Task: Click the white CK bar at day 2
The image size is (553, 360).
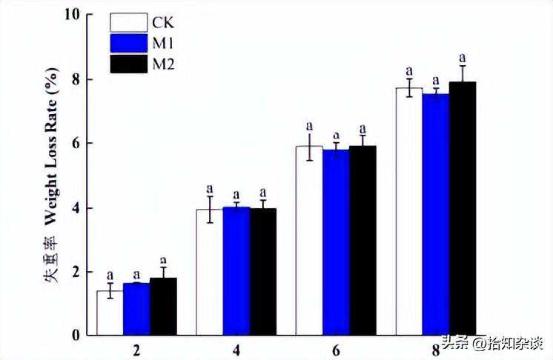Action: tap(110, 313)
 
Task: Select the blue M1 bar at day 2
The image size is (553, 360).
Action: tap(136, 309)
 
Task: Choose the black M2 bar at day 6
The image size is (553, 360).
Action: tap(362, 240)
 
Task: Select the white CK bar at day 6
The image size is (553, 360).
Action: tap(309, 240)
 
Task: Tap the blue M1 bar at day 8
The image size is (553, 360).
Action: tap(436, 214)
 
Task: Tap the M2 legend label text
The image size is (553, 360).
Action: tap(164, 64)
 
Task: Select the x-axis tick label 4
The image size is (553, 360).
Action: tap(236, 348)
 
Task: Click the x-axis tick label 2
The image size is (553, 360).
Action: tap(136, 348)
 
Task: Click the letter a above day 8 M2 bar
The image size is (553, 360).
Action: tap(463, 56)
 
